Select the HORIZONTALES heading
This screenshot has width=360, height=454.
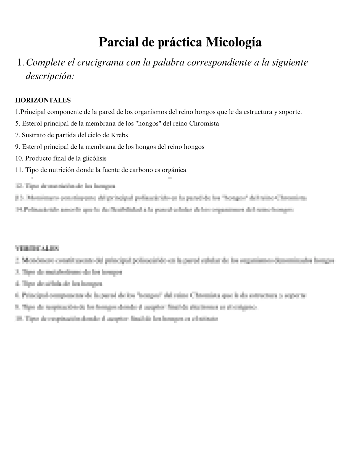point(43,100)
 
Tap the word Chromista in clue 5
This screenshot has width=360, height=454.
point(204,124)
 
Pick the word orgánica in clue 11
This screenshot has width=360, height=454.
point(174,170)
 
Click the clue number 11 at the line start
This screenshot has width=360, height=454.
point(19,170)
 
